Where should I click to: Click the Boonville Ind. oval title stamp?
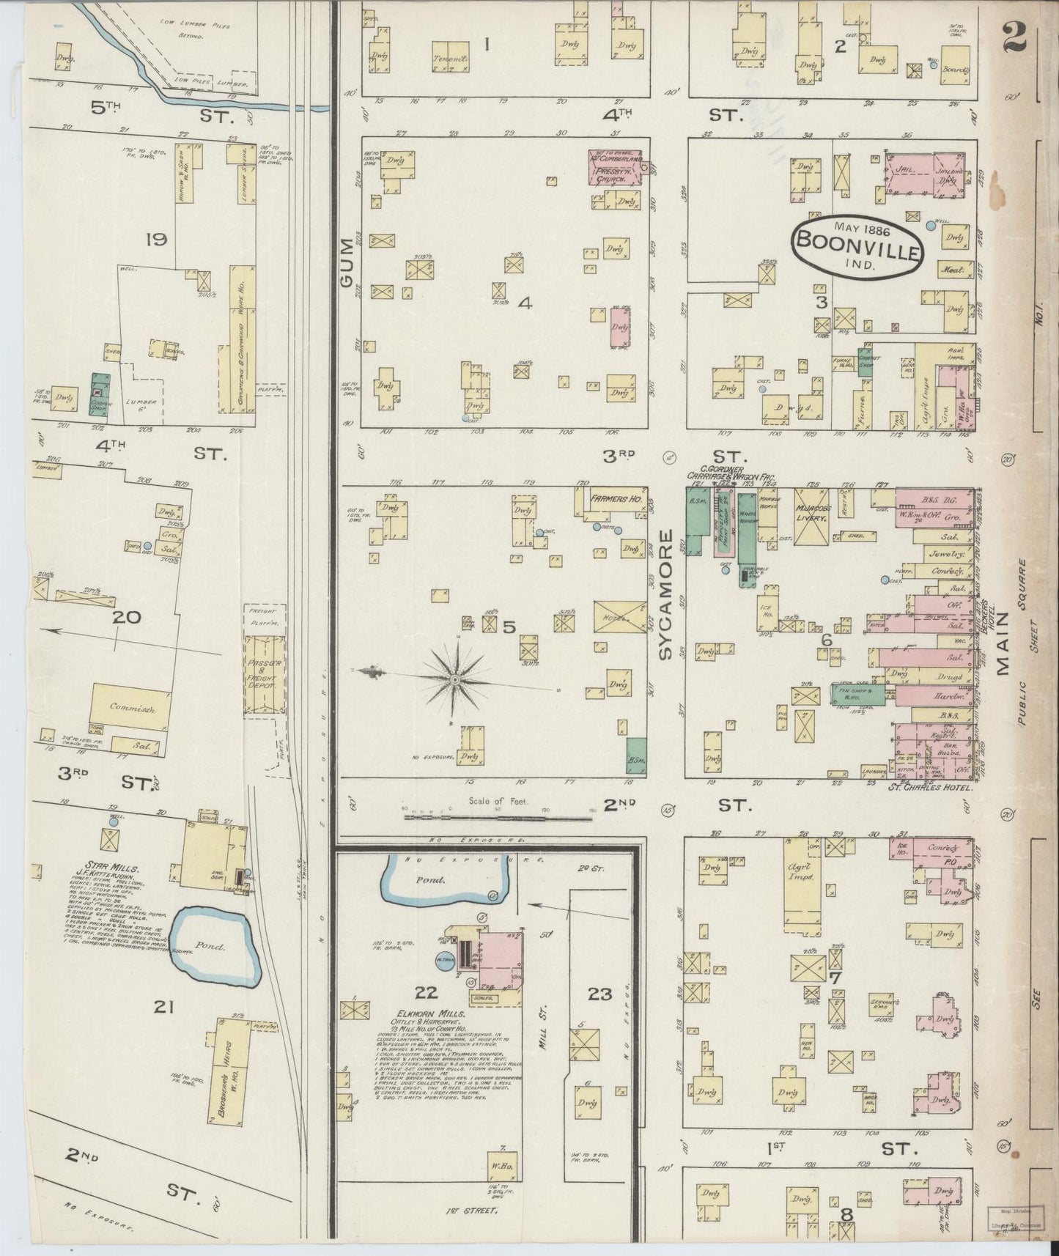tap(856, 244)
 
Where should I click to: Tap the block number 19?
tap(156, 239)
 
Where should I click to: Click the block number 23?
tap(599, 994)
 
